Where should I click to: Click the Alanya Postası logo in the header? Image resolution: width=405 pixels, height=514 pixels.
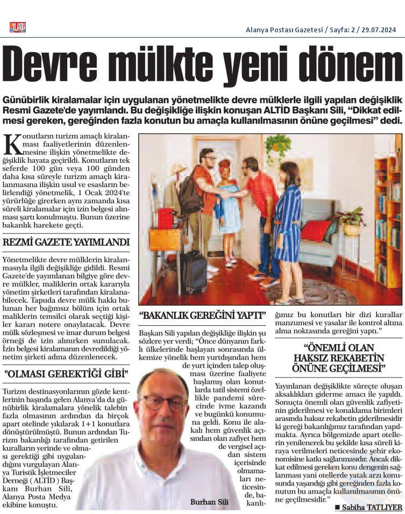[17, 27]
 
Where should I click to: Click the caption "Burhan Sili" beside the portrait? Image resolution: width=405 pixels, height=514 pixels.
[209, 502]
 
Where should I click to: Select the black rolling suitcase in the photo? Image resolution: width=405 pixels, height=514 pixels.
[193, 271]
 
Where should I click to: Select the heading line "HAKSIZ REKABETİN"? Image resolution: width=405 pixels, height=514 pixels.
[339, 358]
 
